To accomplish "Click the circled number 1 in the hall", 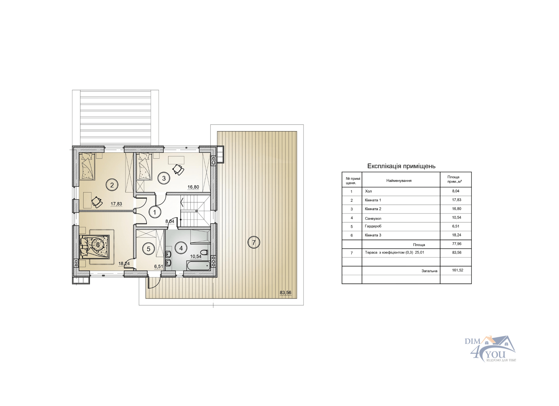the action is click(x=155, y=212).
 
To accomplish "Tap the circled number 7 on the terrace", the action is click(x=254, y=242).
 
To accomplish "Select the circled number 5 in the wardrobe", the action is click(x=148, y=249).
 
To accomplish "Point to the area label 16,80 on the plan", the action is click(x=193, y=187).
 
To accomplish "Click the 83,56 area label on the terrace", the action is click(x=285, y=293).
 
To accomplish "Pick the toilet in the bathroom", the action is click(x=204, y=252).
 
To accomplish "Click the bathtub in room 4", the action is click(x=198, y=266).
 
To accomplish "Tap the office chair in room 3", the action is click(x=178, y=170).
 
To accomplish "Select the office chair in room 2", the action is click(x=97, y=202).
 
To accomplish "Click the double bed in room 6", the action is click(x=95, y=247).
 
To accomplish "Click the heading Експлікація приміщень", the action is click(x=401, y=166).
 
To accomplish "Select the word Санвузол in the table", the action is click(x=373, y=219).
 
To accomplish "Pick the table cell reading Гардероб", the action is click(x=373, y=226).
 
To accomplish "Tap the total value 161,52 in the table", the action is click(x=458, y=270).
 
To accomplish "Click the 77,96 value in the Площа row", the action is click(x=457, y=244).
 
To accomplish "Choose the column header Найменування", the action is click(x=399, y=181).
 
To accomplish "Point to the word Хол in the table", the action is click(x=368, y=191).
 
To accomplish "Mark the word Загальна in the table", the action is click(x=429, y=271).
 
